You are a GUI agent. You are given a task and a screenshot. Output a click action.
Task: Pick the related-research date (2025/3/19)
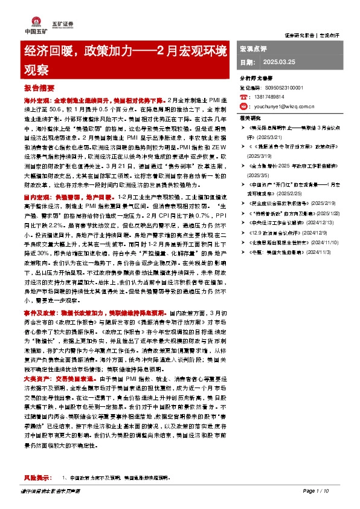pyautogui.click(x=262, y=155)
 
